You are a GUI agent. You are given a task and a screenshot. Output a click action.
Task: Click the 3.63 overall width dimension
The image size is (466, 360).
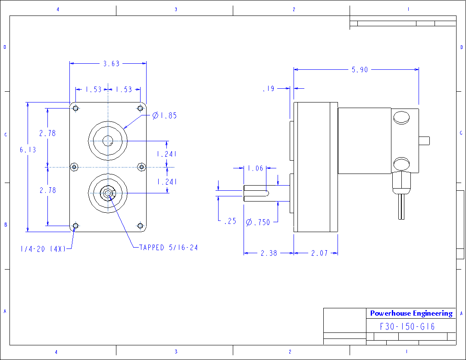pyautogui.click(x=111, y=64)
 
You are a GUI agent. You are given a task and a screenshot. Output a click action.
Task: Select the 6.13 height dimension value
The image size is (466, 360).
pyautogui.click(x=28, y=150)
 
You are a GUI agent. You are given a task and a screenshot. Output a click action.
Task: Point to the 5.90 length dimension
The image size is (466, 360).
pyautogui.click(x=360, y=70)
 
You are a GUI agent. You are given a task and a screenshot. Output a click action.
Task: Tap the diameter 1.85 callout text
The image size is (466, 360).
pyautogui.click(x=165, y=115)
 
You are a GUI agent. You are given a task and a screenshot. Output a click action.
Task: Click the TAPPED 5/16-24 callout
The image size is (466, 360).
pyautogui.click(x=169, y=248)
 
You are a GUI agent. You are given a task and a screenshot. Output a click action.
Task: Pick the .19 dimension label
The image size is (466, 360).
pyautogui.click(x=268, y=89)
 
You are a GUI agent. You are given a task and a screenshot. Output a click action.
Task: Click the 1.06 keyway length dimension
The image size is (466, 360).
pyautogui.click(x=256, y=168)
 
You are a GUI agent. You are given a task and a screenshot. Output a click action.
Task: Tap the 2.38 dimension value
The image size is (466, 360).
pyautogui.click(x=269, y=253)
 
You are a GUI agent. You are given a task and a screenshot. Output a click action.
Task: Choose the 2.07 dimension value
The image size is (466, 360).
pyautogui.click(x=319, y=253)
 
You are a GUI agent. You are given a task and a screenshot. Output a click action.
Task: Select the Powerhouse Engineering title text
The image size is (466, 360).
pyautogui.click(x=411, y=313)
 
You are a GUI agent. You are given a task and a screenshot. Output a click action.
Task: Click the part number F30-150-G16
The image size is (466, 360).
pyautogui.click(x=407, y=326)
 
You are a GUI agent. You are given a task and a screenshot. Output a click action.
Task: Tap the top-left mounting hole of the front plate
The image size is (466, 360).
pyautogui.click(x=76, y=108)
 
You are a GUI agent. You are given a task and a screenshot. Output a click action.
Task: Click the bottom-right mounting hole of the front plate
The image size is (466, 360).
pyautogui.click(x=140, y=225)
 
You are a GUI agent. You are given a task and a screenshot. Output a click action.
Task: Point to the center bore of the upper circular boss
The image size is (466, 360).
pyautogui.click(x=108, y=140)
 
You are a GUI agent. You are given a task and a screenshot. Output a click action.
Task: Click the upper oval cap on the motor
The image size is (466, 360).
pyautogui.click(x=402, y=117)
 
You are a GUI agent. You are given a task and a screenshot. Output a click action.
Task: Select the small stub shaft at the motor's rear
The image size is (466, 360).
pyautogui.click(x=425, y=140)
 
